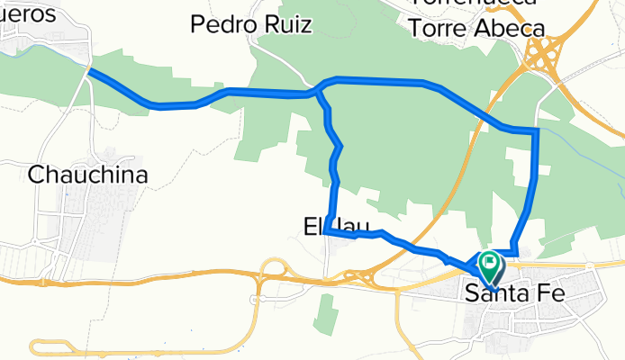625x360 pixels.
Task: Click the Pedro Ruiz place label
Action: [251, 24]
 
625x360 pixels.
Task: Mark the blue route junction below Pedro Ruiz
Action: [318, 91]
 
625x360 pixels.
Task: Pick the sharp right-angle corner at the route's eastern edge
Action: [537, 131]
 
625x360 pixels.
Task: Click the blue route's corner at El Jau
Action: [329, 232]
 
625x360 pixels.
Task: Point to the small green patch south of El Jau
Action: [327, 310]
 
